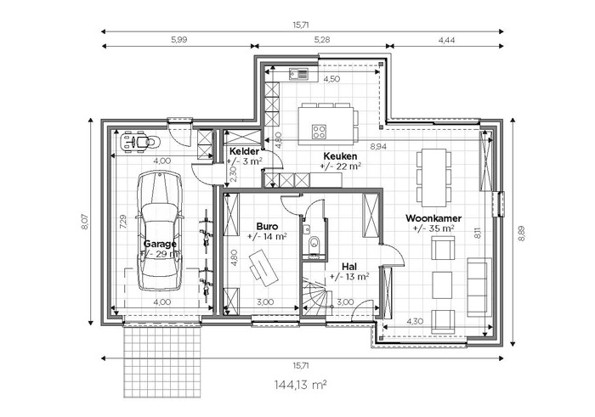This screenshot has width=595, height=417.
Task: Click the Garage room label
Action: (160, 244)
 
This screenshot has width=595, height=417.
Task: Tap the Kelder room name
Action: (245, 152)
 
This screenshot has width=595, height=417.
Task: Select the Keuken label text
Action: (340, 155)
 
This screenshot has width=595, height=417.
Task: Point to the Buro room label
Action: (267, 226)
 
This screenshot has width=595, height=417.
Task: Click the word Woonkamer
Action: (433, 218)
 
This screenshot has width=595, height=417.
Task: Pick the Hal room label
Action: (349, 266)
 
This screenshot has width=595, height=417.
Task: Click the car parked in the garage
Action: (160, 230)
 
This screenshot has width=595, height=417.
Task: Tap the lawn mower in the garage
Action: (139, 142)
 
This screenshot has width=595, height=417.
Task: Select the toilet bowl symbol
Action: (314, 243)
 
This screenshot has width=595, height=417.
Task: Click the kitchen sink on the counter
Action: (298, 74)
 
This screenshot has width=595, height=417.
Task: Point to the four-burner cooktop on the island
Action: (319, 132)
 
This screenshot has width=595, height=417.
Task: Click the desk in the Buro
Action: (263, 268)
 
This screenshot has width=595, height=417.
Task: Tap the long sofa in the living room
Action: (479, 287)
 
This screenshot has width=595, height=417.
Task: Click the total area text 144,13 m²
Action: (301, 385)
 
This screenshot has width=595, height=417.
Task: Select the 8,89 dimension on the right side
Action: (522, 234)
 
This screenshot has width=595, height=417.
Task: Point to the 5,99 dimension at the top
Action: (179, 39)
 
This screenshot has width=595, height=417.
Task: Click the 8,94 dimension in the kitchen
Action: (378, 146)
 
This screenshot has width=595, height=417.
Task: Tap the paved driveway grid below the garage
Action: (162, 362)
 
